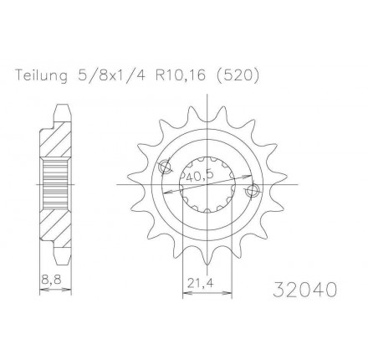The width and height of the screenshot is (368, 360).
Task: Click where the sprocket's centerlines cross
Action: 206,183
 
